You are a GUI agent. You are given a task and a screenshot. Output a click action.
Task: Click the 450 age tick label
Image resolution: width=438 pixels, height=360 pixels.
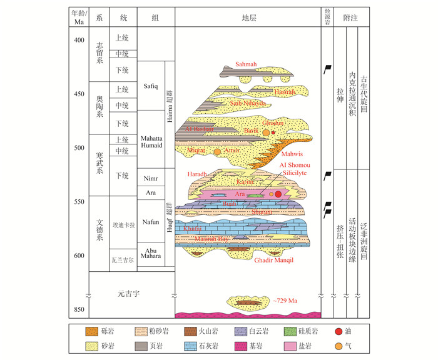pyautogui.click(x=78, y=94)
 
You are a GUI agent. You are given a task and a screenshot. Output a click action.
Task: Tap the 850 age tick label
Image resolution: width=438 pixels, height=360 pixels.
pyautogui.click(x=78, y=311)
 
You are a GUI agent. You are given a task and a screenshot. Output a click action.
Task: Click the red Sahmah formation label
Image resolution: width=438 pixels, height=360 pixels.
pyautogui.click(x=246, y=64)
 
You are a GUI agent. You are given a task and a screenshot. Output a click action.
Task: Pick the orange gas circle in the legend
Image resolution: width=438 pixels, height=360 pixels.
pyautogui.click(x=356, y=344)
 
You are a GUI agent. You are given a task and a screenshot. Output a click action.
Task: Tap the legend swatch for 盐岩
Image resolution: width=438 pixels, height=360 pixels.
pyautogui.click(x=288, y=344)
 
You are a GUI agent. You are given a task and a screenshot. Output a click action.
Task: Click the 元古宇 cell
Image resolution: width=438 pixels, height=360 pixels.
pyautogui.click(x=131, y=292)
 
